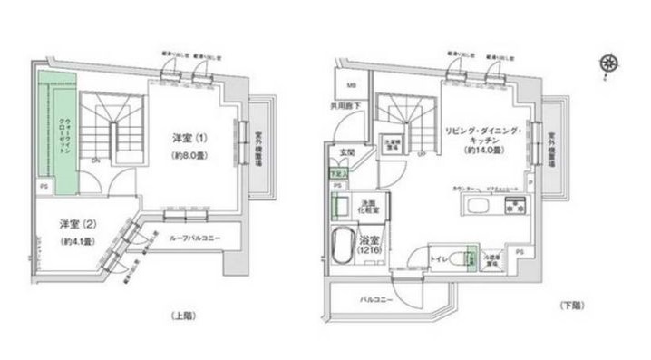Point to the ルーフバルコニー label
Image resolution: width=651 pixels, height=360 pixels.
pos(192,238)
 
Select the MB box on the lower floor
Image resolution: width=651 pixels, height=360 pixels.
pos(351,87)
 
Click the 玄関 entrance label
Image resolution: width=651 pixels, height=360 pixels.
pos(346,151)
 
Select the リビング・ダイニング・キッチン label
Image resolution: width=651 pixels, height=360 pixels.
pos(481,139)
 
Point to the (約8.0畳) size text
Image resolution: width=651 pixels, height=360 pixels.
pos(191,154)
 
